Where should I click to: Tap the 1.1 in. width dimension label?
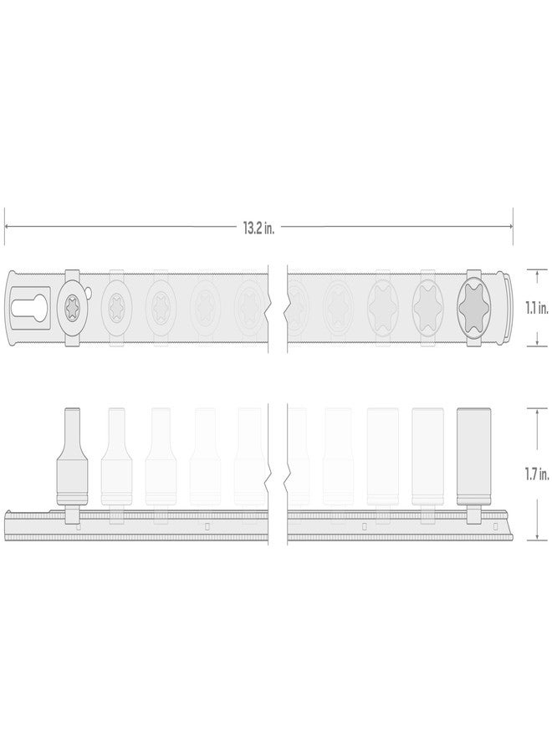(x=536, y=307)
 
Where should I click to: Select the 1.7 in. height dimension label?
(x=536, y=474)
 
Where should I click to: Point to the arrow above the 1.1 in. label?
(x=535, y=271)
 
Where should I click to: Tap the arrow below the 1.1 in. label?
(x=535, y=344)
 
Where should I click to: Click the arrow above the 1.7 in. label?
(x=535, y=410)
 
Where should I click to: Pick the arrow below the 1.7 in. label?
(x=535, y=537)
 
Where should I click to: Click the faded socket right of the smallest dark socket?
(x=114, y=307)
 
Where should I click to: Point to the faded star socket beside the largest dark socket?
(x=428, y=307)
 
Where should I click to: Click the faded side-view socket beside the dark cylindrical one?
(x=428, y=456)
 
